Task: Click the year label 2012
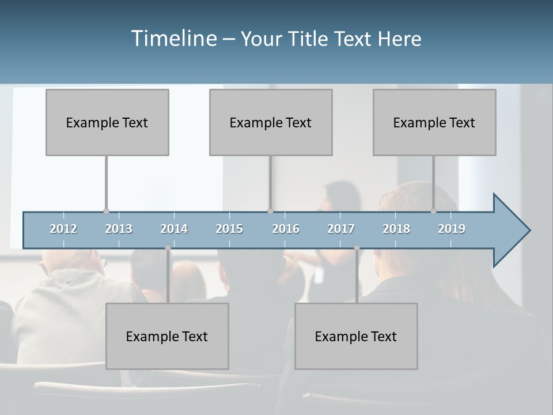(x=63, y=229)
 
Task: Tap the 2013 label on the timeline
(x=119, y=229)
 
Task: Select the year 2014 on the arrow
(x=174, y=229)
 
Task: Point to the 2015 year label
(x=229, y=229)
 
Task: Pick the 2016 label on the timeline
(x=286, y=229)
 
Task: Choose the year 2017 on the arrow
(x=341, y=229)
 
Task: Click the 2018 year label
(x=396, y=229)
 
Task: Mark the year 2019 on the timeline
(x=452, y=229)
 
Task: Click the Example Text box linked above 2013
(x=107, y=122)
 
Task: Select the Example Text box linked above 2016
(x=271, y=122)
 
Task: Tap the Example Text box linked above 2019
(x=434, y=122)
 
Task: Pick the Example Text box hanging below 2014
(x=167, y=336)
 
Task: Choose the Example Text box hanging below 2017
(x=356, y=336)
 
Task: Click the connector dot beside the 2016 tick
(x=271, y=211)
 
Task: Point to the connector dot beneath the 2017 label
(x=357, y=248)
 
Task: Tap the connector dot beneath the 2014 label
(x=168, y=248)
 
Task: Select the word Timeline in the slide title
(x=173, y=39)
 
